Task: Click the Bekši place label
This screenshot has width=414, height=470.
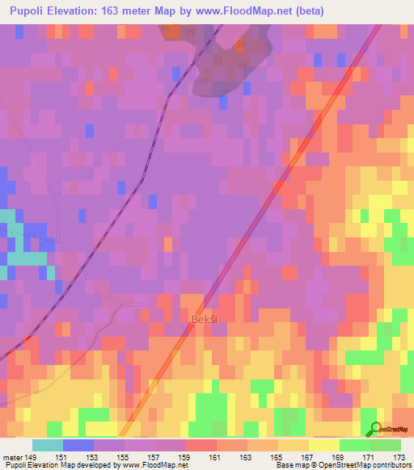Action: (203, 321)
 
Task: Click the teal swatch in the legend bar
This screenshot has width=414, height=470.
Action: (48, 445)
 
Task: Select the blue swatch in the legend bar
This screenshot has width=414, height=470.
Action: (78, 445)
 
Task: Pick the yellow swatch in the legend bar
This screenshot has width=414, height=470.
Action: (324, 445)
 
